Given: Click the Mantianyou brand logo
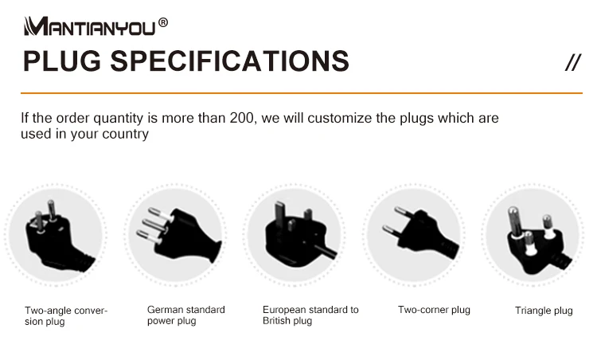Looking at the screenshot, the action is [90, 26].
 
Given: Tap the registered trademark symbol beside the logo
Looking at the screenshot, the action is [163, 22].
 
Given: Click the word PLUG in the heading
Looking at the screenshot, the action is [62, 61].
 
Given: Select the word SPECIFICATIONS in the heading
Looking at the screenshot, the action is [229, 61].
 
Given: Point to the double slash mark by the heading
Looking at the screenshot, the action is [573, 62].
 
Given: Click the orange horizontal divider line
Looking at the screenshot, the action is [302, 92].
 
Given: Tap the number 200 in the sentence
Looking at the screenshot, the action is [241, 118].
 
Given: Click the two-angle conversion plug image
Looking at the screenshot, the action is [56, 235].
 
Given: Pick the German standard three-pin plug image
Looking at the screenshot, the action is [176, 235].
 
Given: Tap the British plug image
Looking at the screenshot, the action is [295, 235].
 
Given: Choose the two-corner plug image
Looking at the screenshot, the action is [414, 235].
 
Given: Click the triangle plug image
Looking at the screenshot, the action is [533, 235].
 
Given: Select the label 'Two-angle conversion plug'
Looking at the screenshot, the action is [66, 316].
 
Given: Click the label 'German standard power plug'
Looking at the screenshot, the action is [186, 315].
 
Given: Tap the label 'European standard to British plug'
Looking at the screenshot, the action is [310, 315].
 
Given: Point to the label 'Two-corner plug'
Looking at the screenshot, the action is [434, 310].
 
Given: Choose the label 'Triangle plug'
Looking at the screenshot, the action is [544, 311].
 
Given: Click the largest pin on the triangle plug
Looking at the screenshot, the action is [515, 221].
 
